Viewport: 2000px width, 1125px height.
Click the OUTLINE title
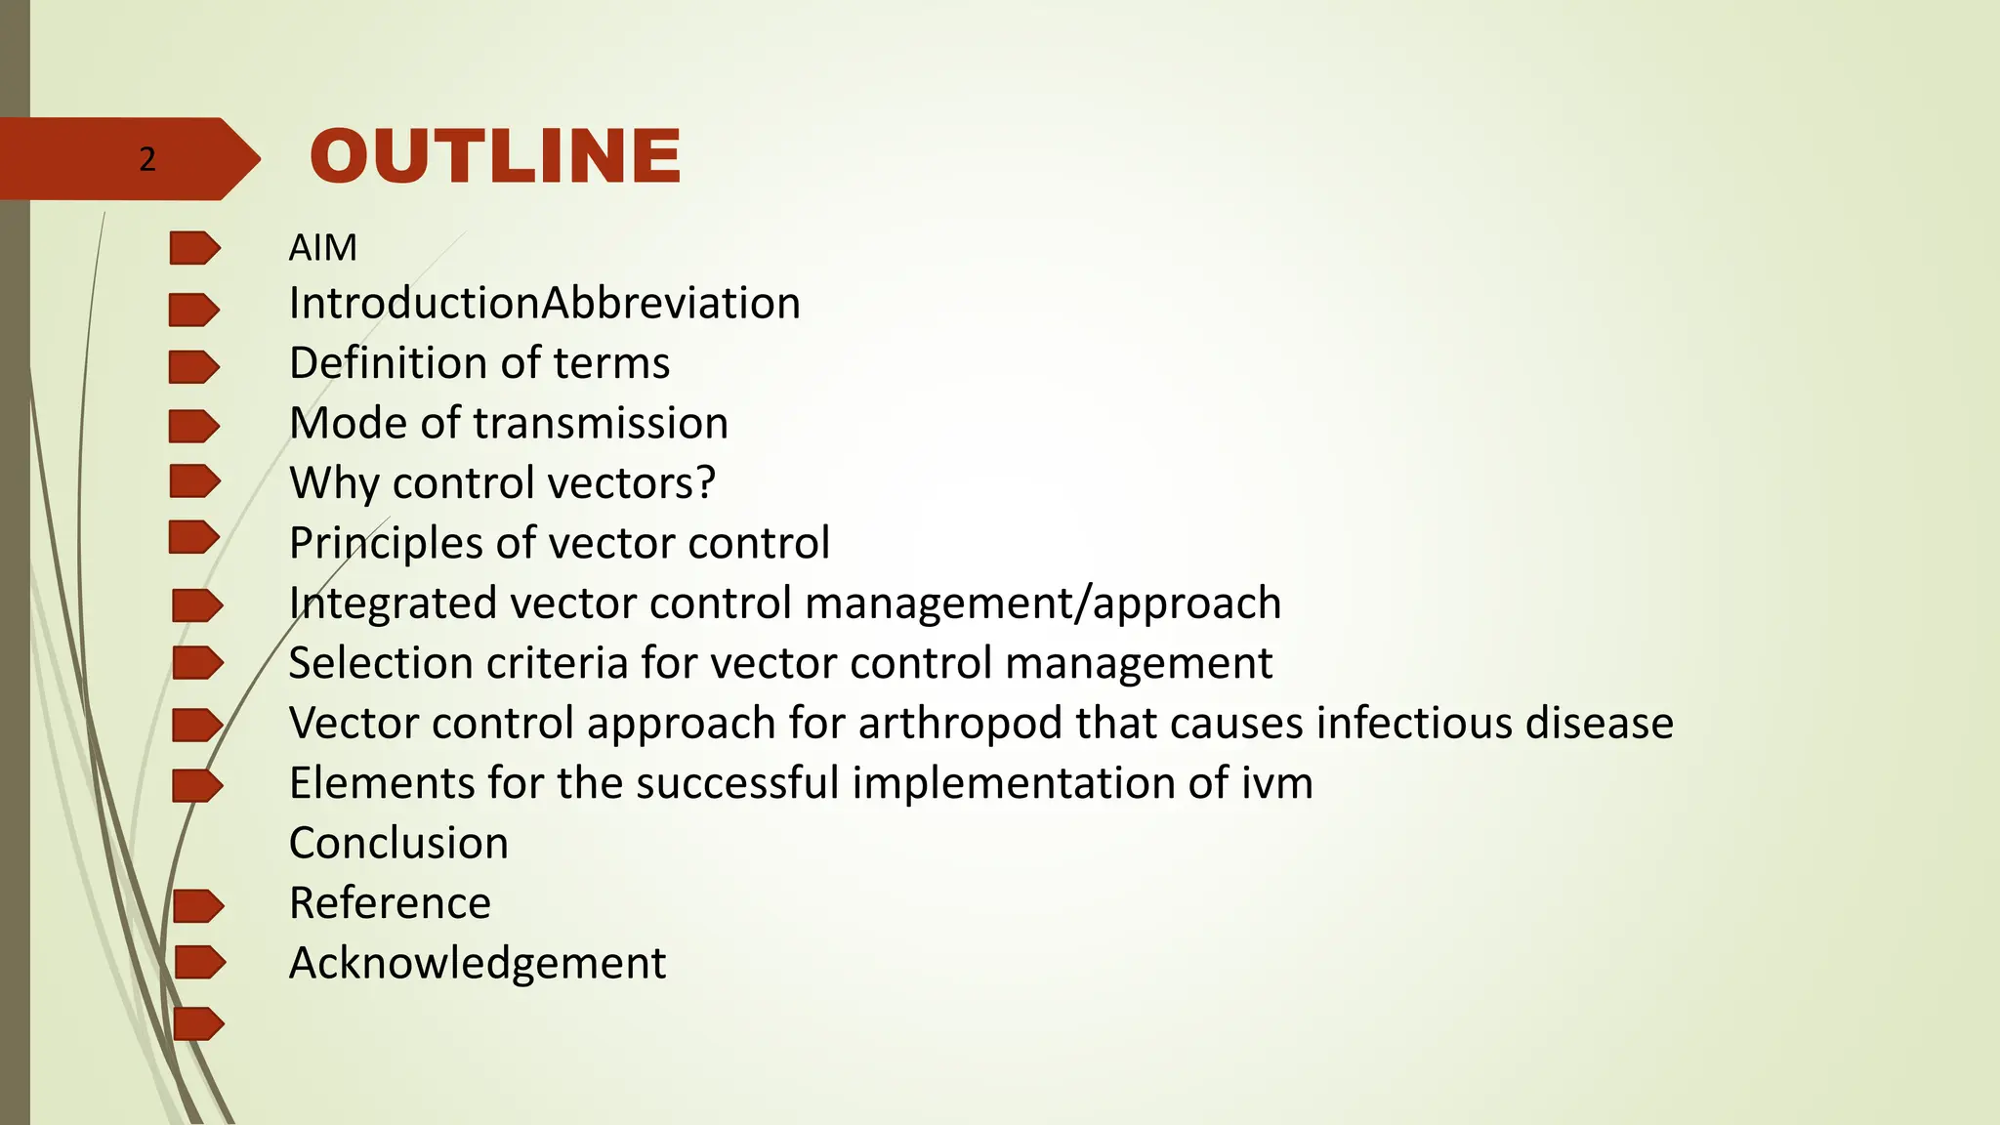coord(495,156)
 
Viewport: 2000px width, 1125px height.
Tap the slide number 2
coord(147,159)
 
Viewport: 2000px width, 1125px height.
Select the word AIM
coord(322,248)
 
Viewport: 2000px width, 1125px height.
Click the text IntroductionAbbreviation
coord(544,304)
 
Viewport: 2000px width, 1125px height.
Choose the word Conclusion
coord(398,844)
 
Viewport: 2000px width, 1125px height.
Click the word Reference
coord(390,903)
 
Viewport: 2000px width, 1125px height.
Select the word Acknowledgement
coord(477,964)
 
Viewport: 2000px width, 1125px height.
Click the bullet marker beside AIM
coord(194,248)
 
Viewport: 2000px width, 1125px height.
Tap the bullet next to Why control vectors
coord(194,481)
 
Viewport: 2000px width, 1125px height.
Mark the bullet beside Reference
coord(198,906)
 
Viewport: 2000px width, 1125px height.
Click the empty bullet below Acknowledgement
coord(198,1023)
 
